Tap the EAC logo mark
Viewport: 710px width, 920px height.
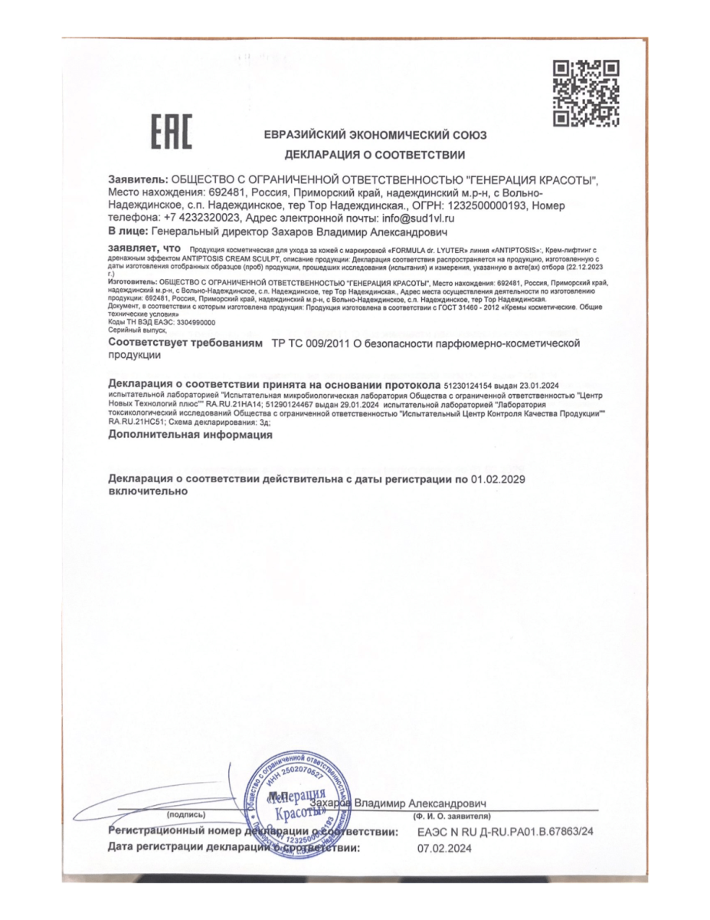click(x=171, y=133)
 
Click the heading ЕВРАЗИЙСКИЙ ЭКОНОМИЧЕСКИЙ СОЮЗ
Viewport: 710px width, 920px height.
click(x=375, y=136)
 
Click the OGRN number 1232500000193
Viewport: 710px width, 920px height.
click(x=483, y=205)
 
